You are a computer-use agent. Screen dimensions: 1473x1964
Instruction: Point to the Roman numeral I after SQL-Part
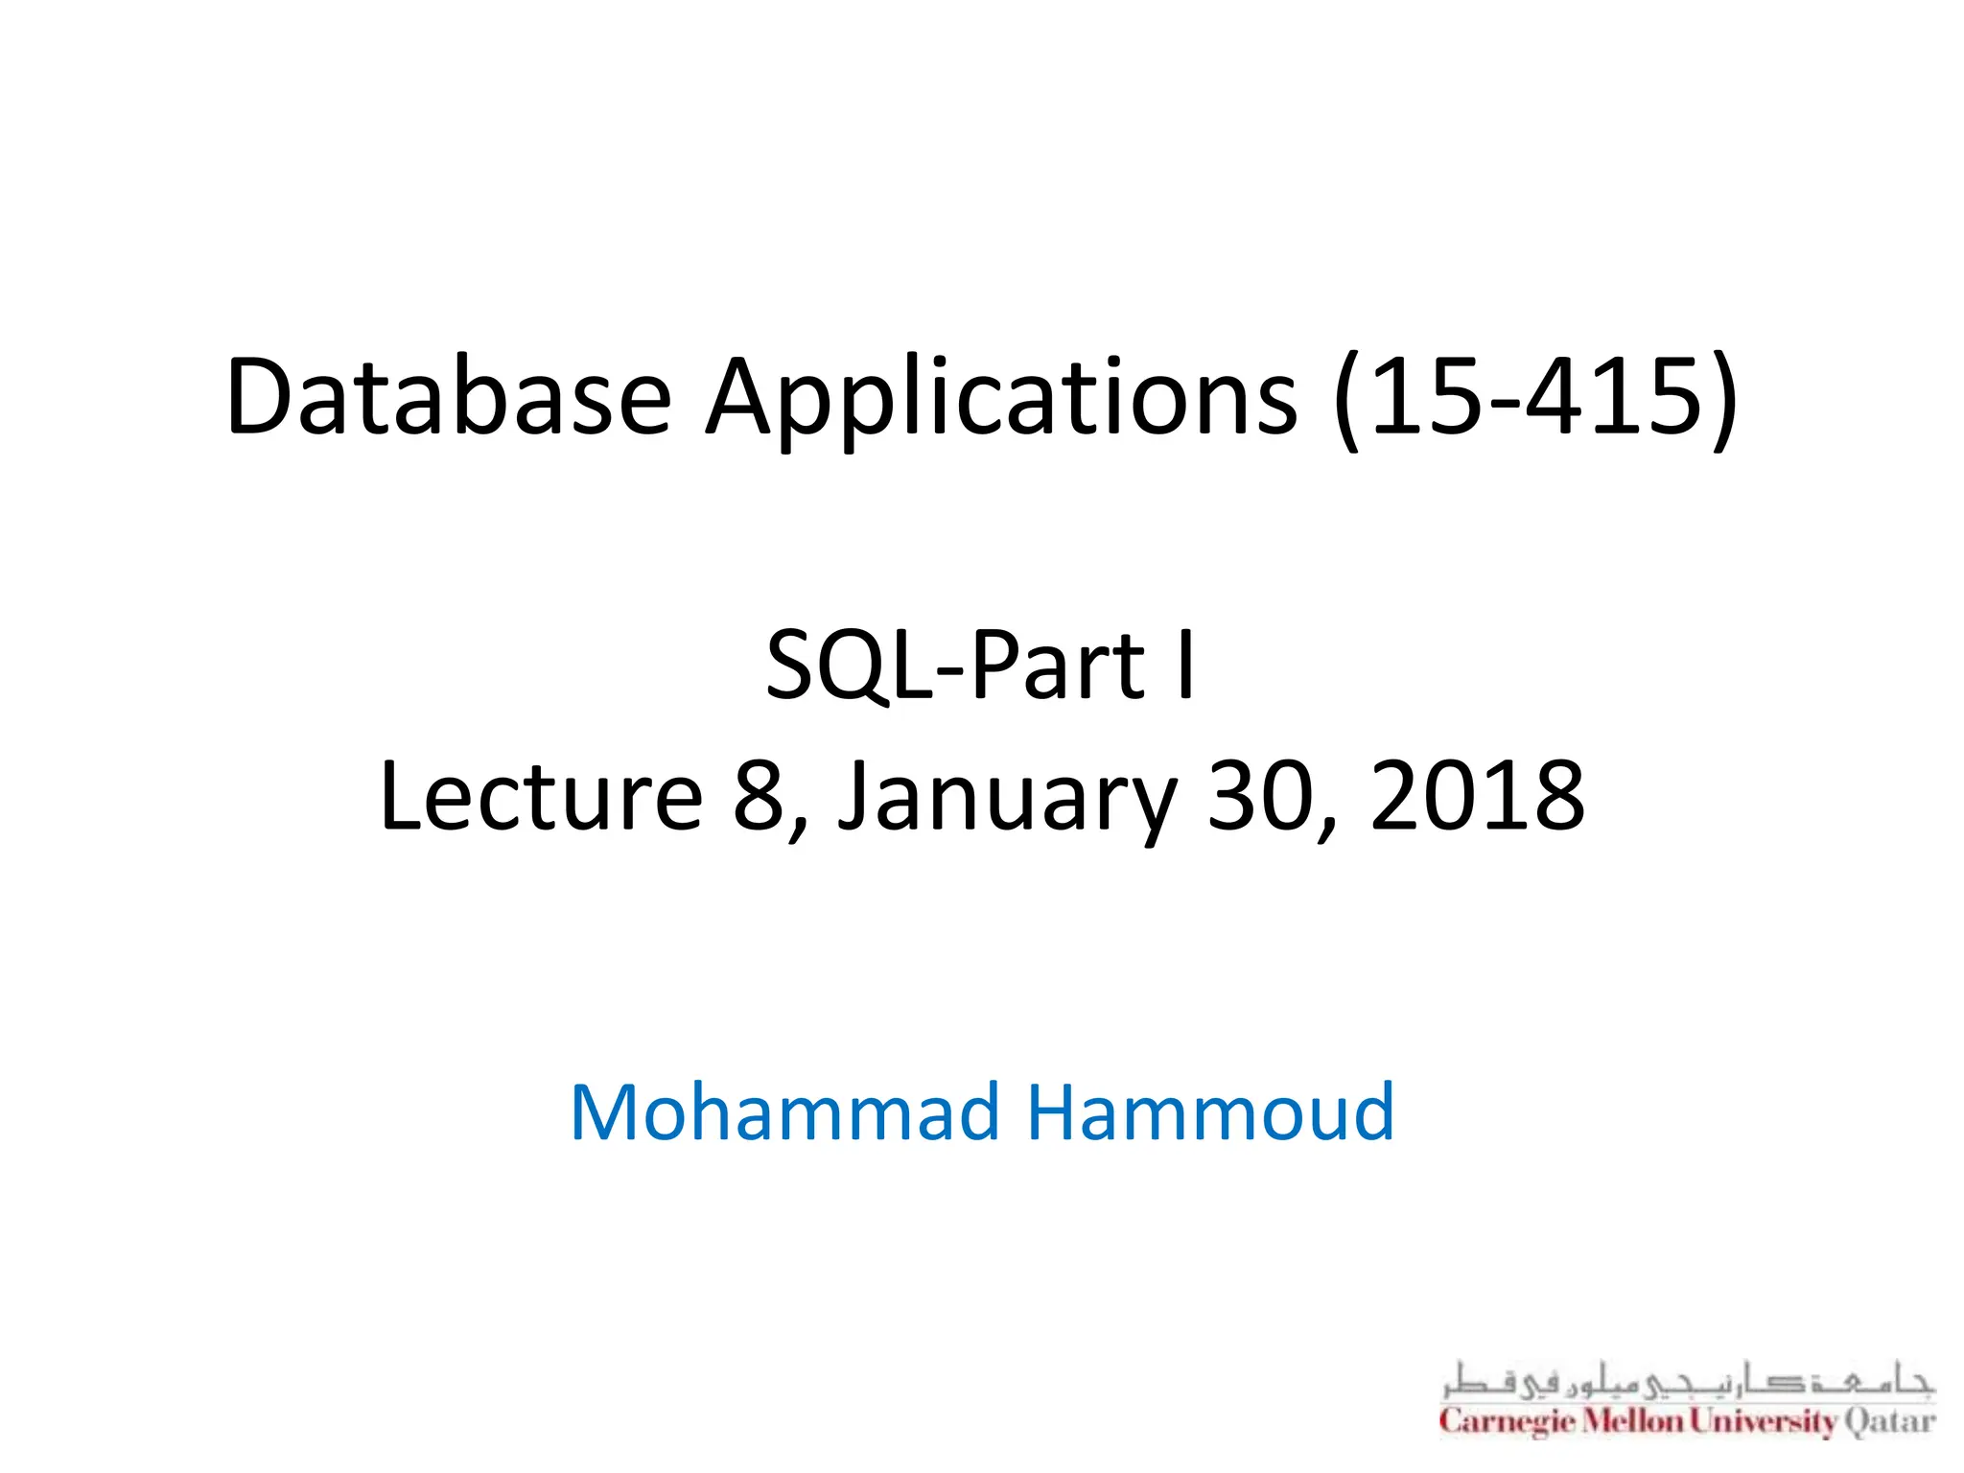(x=1186, y=665)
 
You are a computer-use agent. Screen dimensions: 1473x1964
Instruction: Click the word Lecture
(x=542, y=795)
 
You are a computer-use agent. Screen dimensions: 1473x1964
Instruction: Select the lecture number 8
(x=760, y=795)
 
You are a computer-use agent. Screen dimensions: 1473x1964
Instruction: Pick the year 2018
(x=1477, y=795)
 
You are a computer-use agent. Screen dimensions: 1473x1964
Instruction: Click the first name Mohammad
(x=784, y=1111)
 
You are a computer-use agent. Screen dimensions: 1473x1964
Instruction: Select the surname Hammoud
(x=1210, y=1111)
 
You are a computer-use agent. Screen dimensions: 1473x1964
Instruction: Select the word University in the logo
(x=1763, y=1420)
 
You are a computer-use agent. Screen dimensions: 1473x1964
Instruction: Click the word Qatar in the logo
(x=1890, y=1420)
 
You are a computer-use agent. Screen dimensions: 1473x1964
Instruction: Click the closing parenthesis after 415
(x=1723, y=401)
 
